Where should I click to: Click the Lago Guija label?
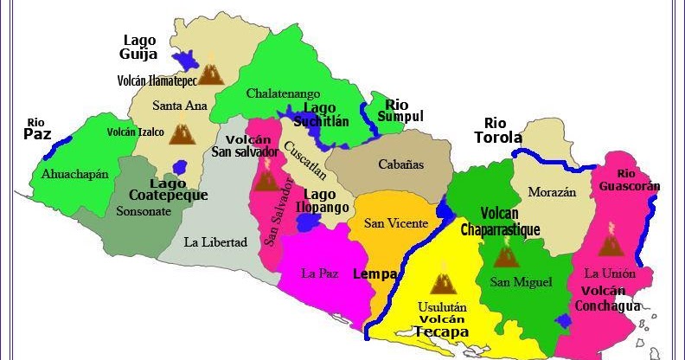[139, 47]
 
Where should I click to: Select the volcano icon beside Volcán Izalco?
[181, 132]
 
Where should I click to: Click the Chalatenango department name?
[283, 93]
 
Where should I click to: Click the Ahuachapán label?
[75, 174]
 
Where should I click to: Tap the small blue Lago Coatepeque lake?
[180, 166]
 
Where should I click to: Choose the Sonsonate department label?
[144, 210]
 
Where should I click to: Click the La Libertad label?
[215, 241]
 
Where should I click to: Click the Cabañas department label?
[401, 164]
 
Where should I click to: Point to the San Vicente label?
[395, 223]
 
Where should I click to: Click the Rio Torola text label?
[497, 130]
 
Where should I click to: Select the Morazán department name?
[552, 192]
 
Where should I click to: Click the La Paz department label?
[318, 273]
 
